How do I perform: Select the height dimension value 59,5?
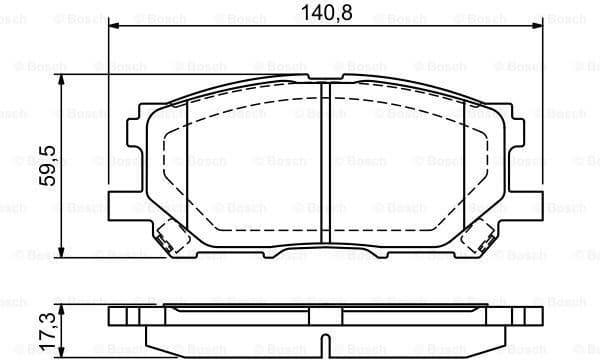coord(46,166)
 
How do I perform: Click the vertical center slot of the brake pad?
coord(324,165)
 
